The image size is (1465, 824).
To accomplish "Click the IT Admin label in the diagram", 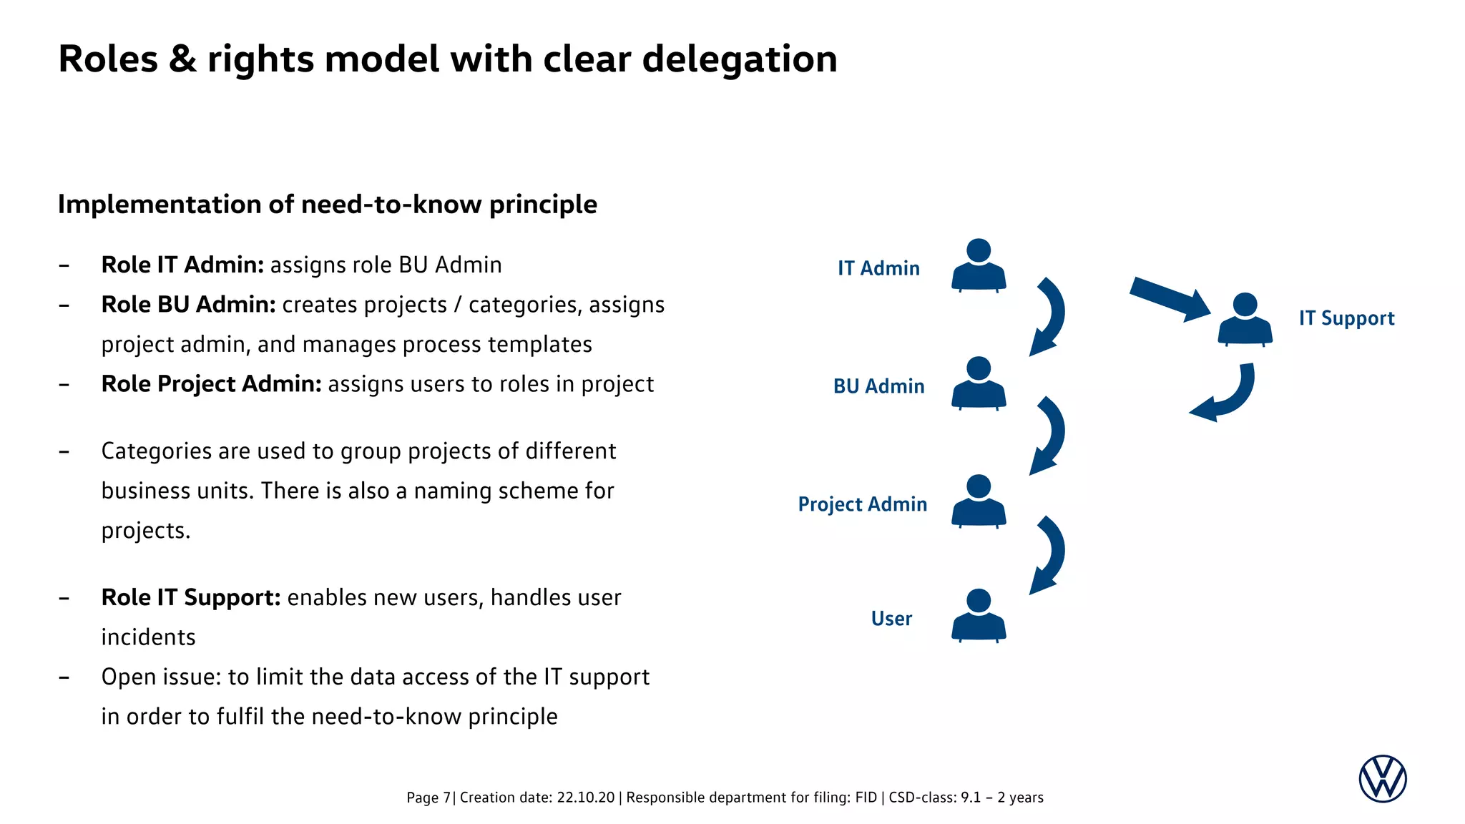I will pyautogui.click(x=878, y=268).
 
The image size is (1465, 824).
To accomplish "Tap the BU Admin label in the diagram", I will pyautogui.click(x=878, y=386).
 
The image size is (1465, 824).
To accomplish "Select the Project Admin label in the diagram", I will pyautogui.click(x=862, y=504).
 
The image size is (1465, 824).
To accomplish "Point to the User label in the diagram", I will pyautogui.click(x=891, y=619).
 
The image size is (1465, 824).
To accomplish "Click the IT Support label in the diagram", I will pyautogui.click(x=1346, y=318).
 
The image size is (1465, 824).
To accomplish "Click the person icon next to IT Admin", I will pyautogui.click(x=979, y=266).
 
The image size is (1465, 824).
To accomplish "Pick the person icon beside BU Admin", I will pyautogui.click(x=979, y=384).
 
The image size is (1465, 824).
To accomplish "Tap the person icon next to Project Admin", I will pyautogui.click(x=979, y=502).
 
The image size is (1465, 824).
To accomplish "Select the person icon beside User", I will pyautogui.click(x=979, y=616).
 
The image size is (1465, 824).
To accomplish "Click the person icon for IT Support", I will pyautogui.click(x=1245, y=320).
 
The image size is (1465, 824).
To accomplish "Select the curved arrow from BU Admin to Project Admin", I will pyautogui.click(x=1050, y=435).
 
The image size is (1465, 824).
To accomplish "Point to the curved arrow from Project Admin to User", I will pyautogui.click(x=1050, y=554).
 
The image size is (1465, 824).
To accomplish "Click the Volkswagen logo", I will pyautogui.click(x=1382, y=779).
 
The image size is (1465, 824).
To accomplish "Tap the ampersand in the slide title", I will pyautogui.click(x=182, y=59).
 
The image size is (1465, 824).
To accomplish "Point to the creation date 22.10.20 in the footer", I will pyautogui.click(x=585, y=798).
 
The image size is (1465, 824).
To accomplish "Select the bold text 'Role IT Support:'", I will pyautogui.click(x=191, y=597).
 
